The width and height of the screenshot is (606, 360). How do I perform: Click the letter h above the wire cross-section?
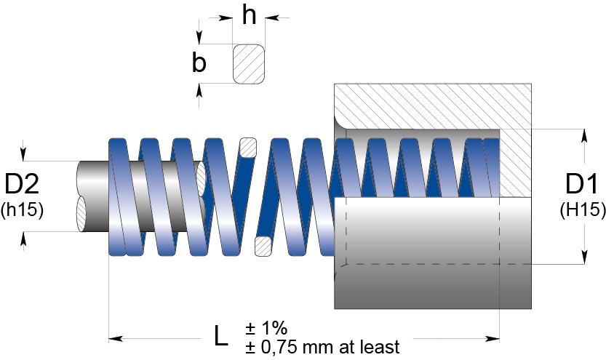[250, 15]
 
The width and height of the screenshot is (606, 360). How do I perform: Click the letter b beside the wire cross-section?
[199, 63]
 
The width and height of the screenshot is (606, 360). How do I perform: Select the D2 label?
[22, 184]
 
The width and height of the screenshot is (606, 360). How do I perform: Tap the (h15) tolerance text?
[22, 209]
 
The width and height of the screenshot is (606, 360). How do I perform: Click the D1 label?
[581, 184]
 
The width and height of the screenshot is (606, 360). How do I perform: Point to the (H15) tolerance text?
[583, 209]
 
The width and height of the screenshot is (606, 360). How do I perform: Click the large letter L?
[220, 336]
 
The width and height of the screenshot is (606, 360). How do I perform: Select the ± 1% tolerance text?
[266, 328]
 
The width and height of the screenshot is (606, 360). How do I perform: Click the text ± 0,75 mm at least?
[322, 347]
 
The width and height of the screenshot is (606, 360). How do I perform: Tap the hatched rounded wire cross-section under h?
[249, 64]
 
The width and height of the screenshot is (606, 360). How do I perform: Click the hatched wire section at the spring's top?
[248, 148]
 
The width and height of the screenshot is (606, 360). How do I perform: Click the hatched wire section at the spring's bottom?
[263, 247]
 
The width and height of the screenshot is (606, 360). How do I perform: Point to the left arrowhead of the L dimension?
[116, 339]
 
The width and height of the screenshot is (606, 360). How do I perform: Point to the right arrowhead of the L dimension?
[493, 339]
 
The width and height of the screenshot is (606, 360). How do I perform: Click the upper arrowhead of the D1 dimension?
[584, 136]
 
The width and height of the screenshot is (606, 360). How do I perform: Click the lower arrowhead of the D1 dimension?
[584, 257]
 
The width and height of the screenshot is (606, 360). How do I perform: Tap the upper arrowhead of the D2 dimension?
[23, 153]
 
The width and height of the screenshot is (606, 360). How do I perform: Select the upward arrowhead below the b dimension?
[199, 90]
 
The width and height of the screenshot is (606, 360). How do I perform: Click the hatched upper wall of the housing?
[433, 105]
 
